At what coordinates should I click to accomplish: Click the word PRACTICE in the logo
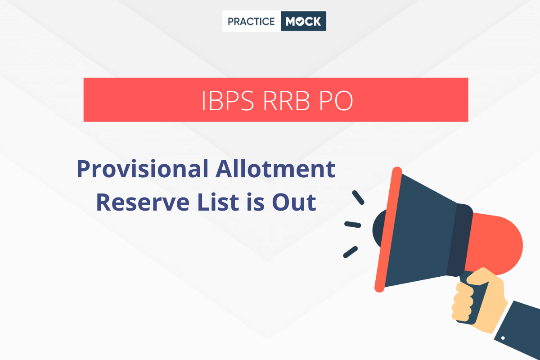pyautogui.click(x=251, y=22)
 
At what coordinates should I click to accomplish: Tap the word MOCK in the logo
pyautogui.click(x=304, y=22)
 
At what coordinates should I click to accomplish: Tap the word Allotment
pyautogui.click(x=272, y=169)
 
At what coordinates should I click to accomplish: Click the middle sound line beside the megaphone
pyautogui.click(x=352, y=224)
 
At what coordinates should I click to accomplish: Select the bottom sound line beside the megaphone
pyautogui.click(x=351, y=252)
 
